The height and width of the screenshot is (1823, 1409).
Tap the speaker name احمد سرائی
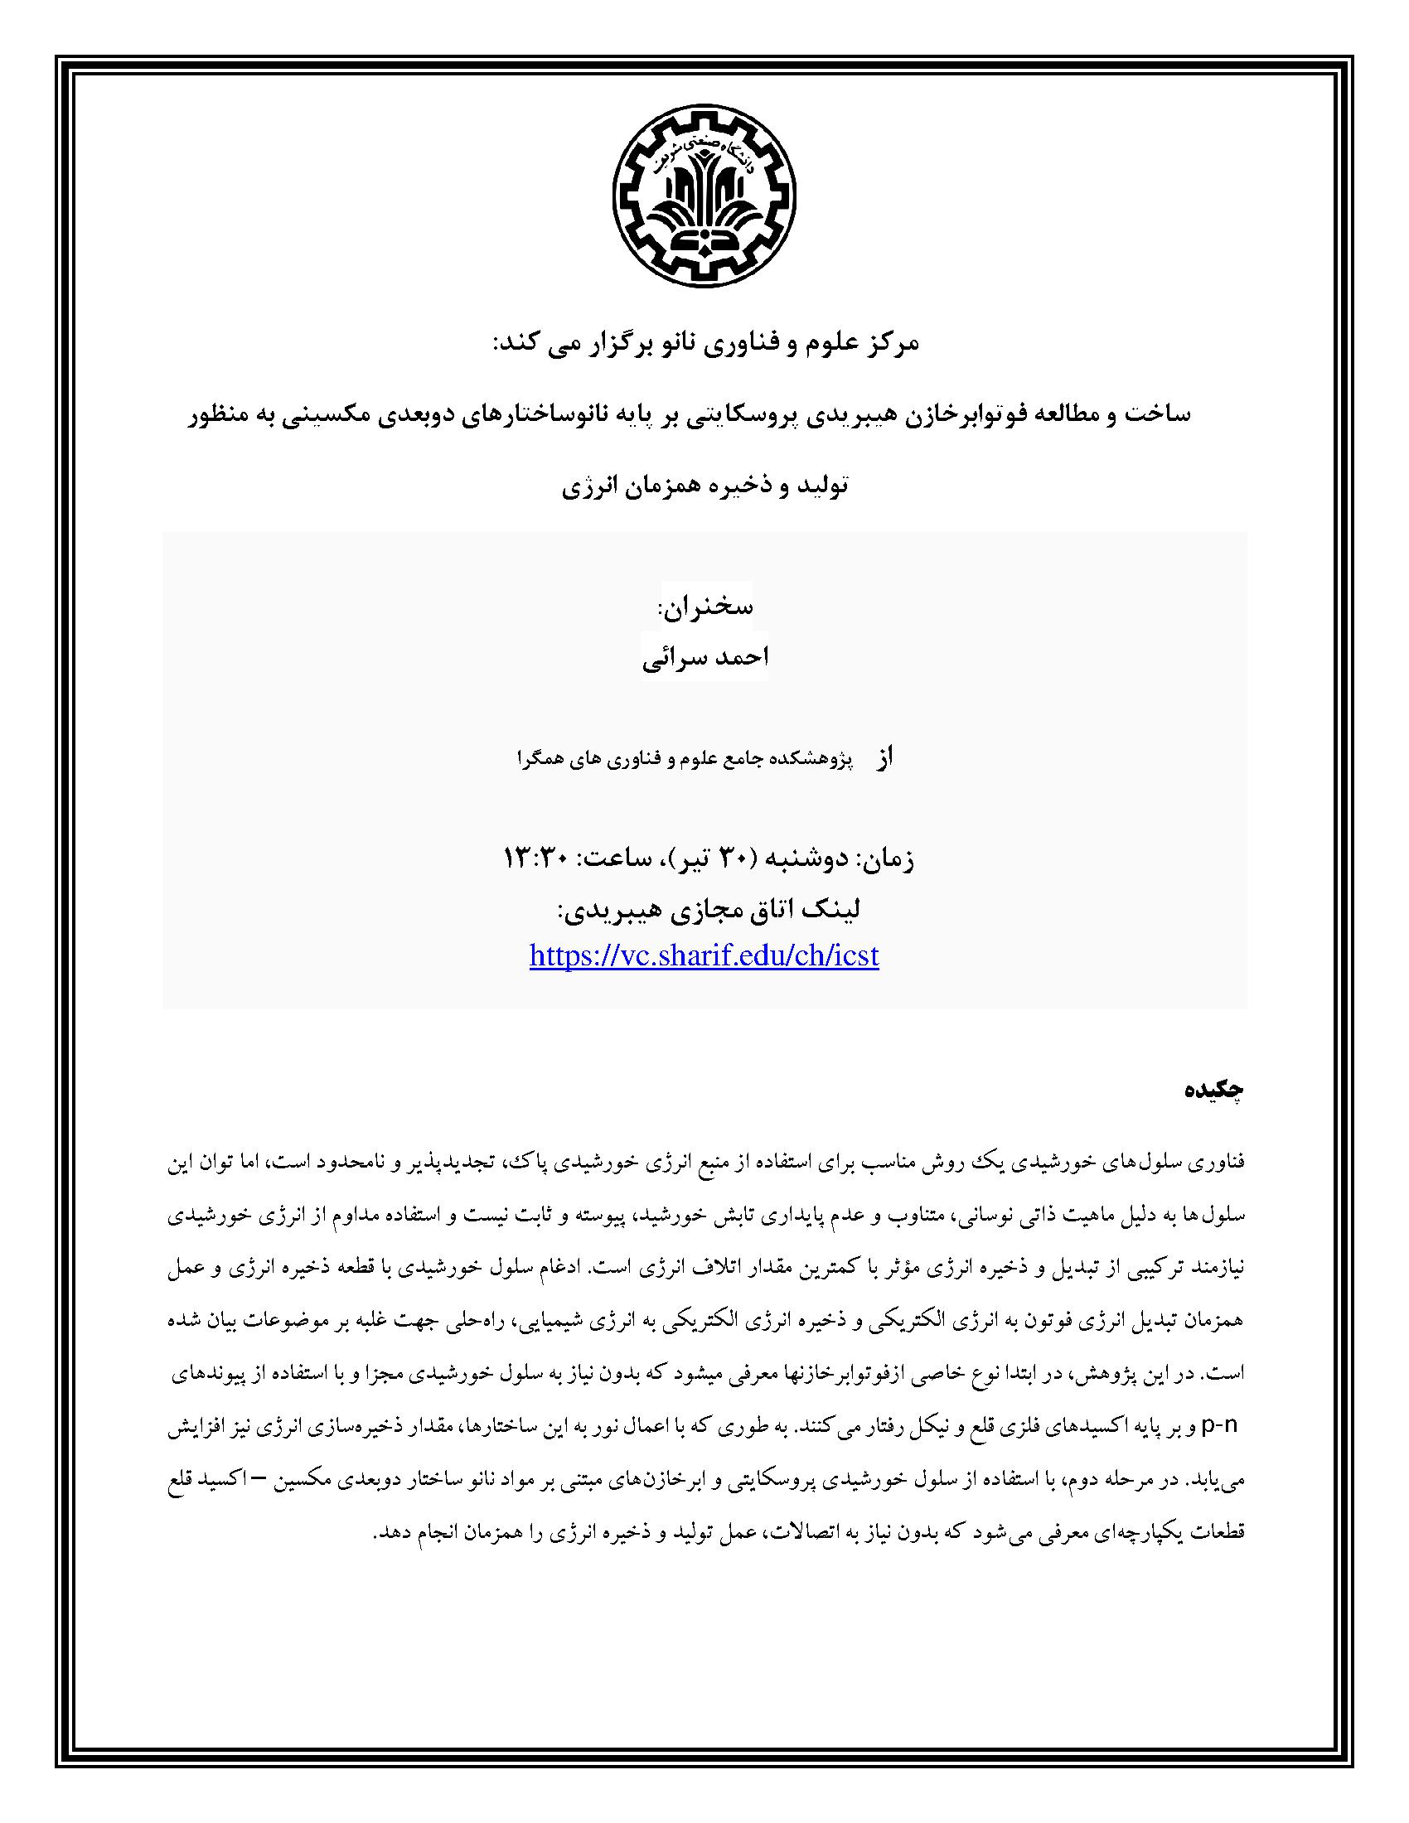[704, 657]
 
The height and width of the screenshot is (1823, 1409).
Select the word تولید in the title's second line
[823, 486]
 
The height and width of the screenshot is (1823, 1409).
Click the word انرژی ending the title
[587, 486]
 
